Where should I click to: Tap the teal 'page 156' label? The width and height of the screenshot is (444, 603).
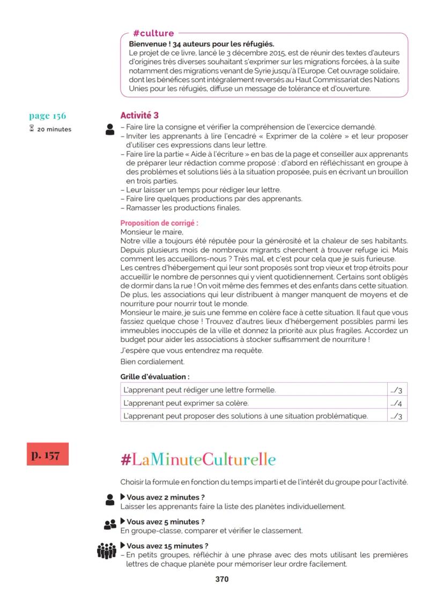click(48, 116)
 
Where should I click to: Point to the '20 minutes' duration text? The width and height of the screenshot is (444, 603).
click(54, 129)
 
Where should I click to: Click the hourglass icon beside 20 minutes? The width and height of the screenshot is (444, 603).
click(32, 129)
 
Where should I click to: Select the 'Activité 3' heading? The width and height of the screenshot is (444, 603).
click(139, 115)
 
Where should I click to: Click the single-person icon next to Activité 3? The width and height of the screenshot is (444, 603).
click(110, 129)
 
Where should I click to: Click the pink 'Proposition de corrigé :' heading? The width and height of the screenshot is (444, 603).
click(156, 223)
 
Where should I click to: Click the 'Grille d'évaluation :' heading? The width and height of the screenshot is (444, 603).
click(154, 377)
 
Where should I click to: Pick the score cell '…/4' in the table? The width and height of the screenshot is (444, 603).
click(396, 403)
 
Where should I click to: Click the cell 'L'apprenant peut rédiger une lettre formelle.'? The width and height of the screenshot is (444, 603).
click(199, 390)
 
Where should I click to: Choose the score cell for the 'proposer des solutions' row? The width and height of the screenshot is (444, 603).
click(396, 416)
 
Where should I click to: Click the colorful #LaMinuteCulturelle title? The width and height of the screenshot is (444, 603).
click(198, 460)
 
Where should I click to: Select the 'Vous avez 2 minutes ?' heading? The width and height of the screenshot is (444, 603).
click(165, 497)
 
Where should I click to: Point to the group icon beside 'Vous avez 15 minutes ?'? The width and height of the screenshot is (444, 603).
click(107, 550)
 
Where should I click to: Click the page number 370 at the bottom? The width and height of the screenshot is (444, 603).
click(221, 579)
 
